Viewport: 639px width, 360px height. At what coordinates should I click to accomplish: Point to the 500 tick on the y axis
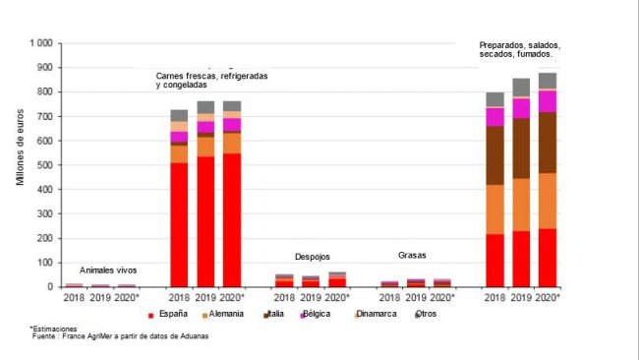(x=42, y=165)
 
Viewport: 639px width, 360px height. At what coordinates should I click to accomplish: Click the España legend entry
(x=171, y=315)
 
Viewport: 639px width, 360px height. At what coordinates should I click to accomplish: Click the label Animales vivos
(x=108, y=270)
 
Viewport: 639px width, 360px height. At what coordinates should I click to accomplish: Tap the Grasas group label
(x=412, y=254)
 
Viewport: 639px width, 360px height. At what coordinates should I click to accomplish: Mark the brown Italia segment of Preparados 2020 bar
(x=548, y=142)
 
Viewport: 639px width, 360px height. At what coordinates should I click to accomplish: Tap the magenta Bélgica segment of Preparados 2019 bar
(x=521, y=107)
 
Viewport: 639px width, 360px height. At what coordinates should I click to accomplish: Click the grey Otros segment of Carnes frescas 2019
(x=205, y=106)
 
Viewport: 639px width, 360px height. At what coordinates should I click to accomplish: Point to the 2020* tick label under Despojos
(x=337, y=297)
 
